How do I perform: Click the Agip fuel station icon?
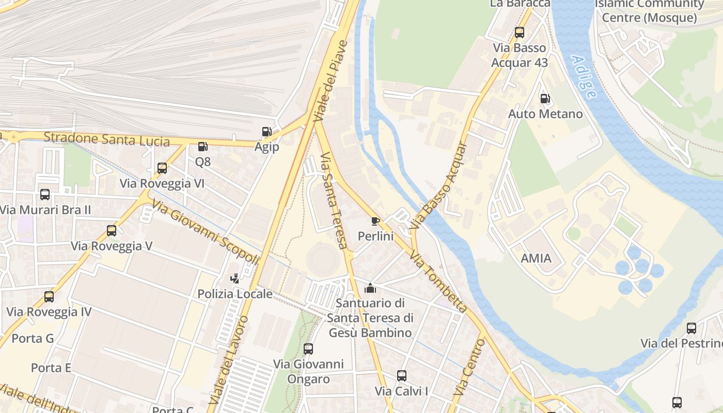[x=266, y=132]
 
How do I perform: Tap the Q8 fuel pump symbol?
[x=202, y=147]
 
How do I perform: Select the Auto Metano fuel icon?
[x=545, y=99]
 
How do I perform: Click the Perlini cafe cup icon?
[x=375, y=221]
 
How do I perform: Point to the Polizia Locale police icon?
[x=235, y=279]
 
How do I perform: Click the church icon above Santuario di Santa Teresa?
[x=370, y=288]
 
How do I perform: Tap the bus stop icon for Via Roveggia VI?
[x=162, y=168]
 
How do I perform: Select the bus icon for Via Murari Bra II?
[x=45, y=195]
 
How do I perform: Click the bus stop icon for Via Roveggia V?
[x=112, y=231]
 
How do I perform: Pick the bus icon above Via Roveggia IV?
[x=49, y=297]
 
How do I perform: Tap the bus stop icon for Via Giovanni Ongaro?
[x=308, y=349]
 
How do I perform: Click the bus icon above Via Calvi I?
[x=402, y=376]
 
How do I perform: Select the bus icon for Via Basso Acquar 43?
[x=519, y=33]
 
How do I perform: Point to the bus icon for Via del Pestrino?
[x=691, y=328]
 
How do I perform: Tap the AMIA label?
[x=536, y=258]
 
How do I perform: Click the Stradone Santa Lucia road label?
[x=107, y=139]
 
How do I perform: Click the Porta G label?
[x=33, y=339]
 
